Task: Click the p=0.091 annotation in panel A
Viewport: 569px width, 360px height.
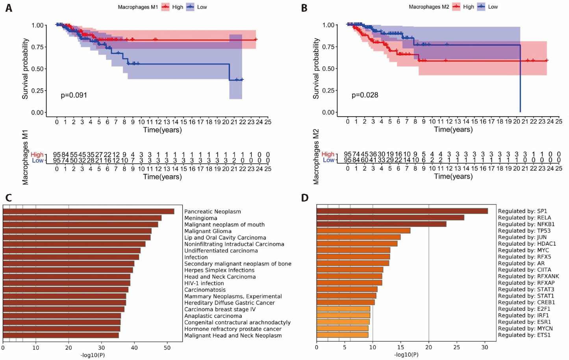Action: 74,95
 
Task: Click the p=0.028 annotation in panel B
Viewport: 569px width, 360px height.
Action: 365,95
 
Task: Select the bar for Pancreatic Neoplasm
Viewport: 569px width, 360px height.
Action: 89,212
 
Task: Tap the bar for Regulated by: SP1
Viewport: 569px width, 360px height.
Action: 402,211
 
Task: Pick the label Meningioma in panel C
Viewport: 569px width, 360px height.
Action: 201,218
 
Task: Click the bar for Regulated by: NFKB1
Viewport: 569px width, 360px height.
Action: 381,224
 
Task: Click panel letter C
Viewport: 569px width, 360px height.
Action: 8,197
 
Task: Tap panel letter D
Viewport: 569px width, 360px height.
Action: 304,197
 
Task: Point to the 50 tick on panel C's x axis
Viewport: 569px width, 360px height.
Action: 167,348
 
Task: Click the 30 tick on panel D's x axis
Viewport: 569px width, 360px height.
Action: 485,347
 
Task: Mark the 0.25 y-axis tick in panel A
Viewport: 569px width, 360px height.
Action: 37,91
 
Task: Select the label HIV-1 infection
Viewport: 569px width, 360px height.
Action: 204,283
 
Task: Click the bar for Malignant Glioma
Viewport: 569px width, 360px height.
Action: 77,231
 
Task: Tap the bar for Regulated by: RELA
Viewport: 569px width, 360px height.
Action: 390,217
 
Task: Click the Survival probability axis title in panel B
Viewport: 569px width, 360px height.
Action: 316,69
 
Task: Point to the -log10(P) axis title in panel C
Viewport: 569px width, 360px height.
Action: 93,355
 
